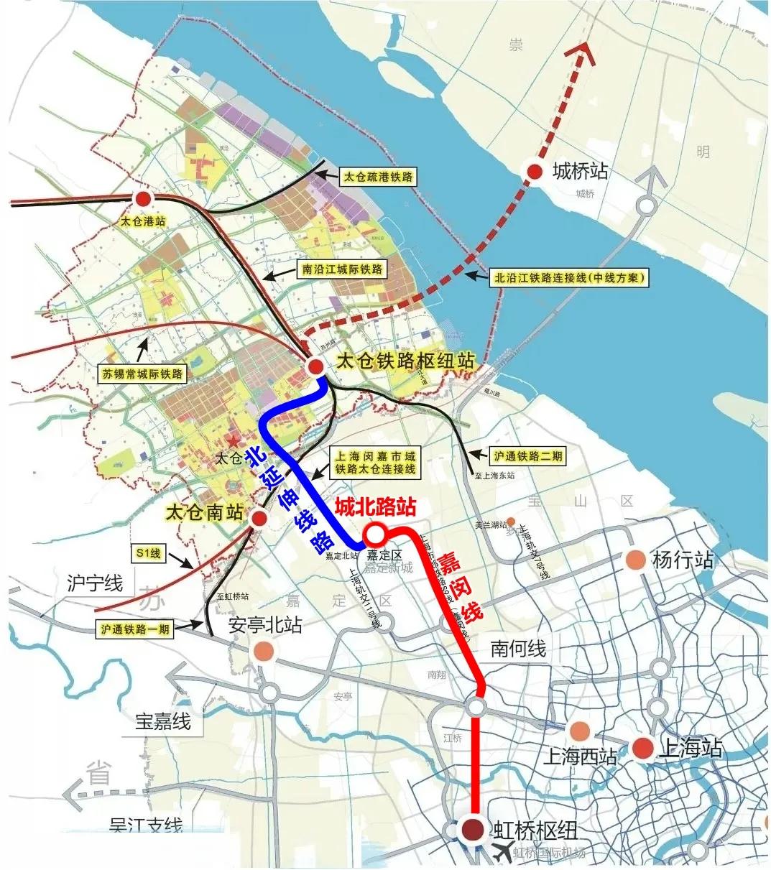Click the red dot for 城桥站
pos(535,171)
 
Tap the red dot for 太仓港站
pos(143,198)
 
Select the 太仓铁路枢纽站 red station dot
pos(315,366)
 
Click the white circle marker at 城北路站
pos(374,535)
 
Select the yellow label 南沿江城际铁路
pos(342,269)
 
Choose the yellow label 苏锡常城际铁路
pos(142,374)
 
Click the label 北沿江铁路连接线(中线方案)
pos(570,277)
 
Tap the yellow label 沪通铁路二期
pos(528,455)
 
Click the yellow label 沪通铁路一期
pos(135,629)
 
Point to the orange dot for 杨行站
pos(635,560)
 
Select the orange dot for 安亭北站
pos(264,651)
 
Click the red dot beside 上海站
pos(643,749)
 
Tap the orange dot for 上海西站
pos(578,731)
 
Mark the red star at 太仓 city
pos(232,440)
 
